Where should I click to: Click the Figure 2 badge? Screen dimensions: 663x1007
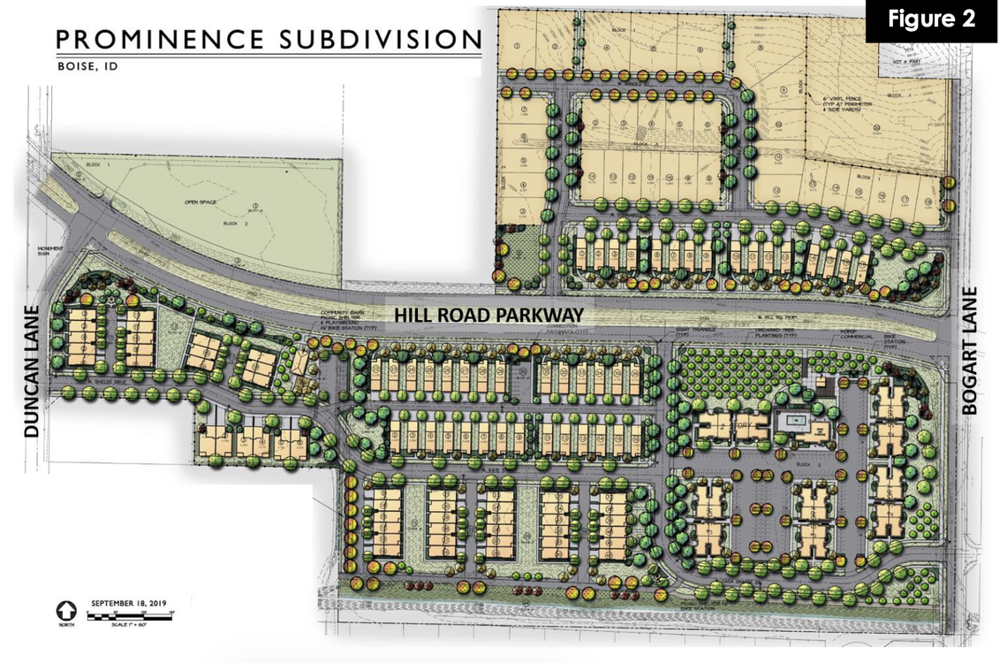pos(930,20)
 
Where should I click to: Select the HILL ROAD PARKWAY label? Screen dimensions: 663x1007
pos(488,315)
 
